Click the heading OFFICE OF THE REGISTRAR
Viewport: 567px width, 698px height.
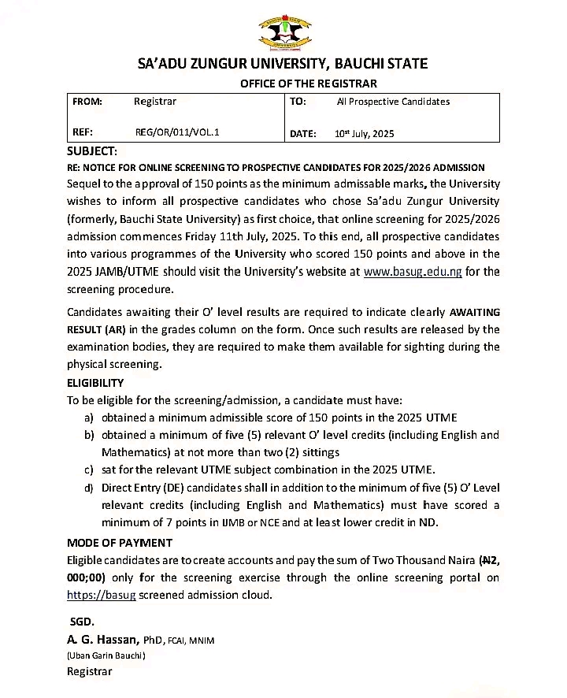(309, 84)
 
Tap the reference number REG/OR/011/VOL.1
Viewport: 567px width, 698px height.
(177, 132)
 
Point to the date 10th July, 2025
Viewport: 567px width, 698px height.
(364, 134)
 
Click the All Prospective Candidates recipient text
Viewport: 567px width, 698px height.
(393, 102)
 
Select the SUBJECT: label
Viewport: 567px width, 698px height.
(92, 150)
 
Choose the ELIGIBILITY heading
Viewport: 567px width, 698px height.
(95, 383)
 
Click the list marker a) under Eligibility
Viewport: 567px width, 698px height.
(89, 418)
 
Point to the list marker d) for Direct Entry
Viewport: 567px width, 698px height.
(89, 488)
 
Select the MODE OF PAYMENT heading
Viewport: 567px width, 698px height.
(120, 543)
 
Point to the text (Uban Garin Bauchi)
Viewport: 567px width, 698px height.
(106, 655)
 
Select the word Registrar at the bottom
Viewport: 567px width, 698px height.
(90, 672)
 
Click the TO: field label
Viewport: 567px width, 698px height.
(298, 102)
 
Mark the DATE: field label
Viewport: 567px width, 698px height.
(303, 134)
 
